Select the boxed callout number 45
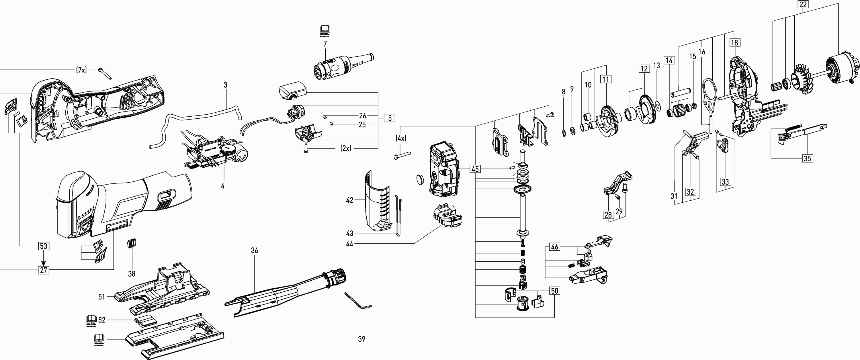(x=475, y=169)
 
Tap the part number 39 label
(x=361, y=339)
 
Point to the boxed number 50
(x=554, y=291)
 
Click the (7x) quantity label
(x=81, y=70)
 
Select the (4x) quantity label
(x=401, y=138)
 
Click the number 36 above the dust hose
(x=254, y=251)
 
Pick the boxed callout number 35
(x=807, y=158)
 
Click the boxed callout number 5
(x=390, y=118)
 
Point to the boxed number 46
(x=554, y=247)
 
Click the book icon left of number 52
(x=91, y=320)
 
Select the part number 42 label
(x=349, y=200)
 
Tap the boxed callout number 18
(x=734, y=43)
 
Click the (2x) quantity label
(x=346, y=148)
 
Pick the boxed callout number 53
(x=43, y=246)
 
